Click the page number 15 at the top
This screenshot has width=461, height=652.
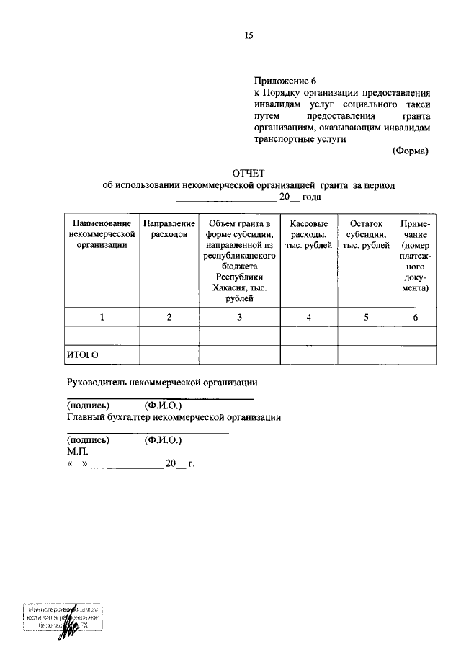pos(249,35)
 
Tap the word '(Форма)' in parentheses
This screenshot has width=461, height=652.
pos(410,151)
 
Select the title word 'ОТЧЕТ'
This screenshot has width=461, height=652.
pos(249,173)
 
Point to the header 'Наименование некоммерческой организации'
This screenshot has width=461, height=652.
pos(102,234)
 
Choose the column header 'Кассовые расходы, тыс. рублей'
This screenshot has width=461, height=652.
pos(308,234)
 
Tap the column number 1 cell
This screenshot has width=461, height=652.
pos(102,317)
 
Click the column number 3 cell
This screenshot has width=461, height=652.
pos(239,317)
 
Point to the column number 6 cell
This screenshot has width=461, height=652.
pos(416,317)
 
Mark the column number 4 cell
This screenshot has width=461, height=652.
pos(308,317)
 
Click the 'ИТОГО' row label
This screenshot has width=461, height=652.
pos(82,355)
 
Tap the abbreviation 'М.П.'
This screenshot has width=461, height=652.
pos(76,452)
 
